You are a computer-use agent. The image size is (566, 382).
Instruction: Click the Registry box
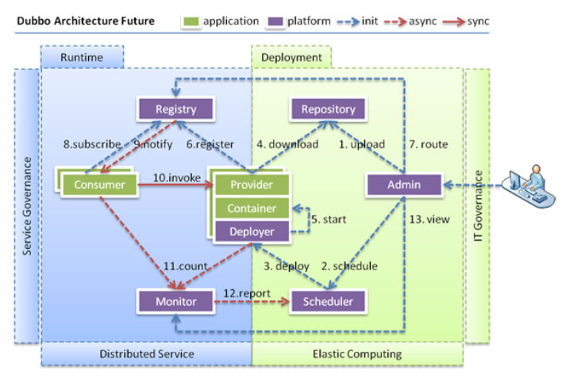[176, 109]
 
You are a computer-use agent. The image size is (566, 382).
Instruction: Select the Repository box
[328, 109]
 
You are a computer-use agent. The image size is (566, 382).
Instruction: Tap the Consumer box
[94, 185]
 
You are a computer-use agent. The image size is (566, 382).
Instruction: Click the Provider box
[251, 185]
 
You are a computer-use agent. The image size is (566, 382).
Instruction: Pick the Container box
[251, 208]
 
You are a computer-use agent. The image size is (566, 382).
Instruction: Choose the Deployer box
[251, 231]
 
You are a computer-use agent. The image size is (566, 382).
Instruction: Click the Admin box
[404, 185]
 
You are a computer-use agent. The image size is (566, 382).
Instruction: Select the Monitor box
[176, 300]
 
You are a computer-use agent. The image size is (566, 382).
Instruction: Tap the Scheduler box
[328, 300]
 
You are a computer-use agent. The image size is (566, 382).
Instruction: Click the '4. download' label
[287, 144]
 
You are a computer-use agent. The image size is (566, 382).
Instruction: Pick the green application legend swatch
[191, 20]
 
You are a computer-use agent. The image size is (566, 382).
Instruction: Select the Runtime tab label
[83, 57]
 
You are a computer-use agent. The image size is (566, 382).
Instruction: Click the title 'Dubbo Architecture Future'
[87, 21]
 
